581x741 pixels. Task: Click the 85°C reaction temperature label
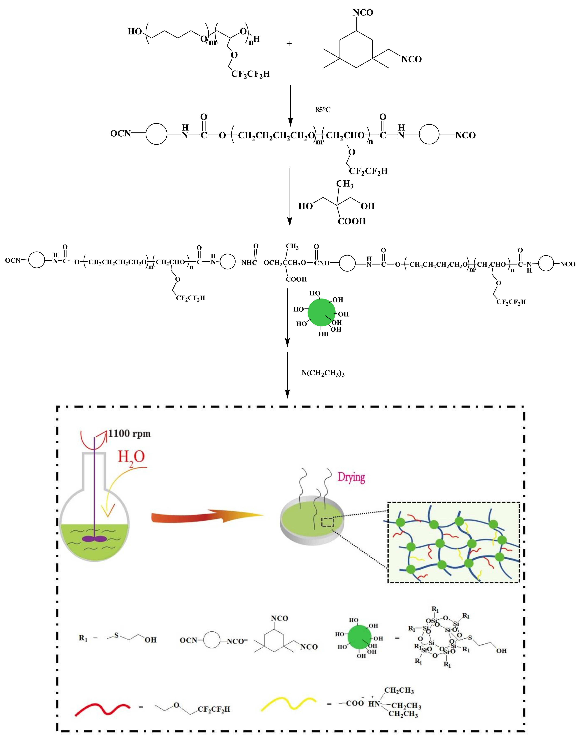[x=322, y=109]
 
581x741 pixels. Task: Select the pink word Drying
[x=351, y=478]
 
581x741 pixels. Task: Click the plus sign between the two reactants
[x=289, y=43]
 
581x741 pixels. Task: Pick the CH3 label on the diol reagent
[x=345, y=184]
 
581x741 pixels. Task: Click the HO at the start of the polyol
[x=135, y=32]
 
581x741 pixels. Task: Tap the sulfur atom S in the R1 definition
[x=116, y=635]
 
